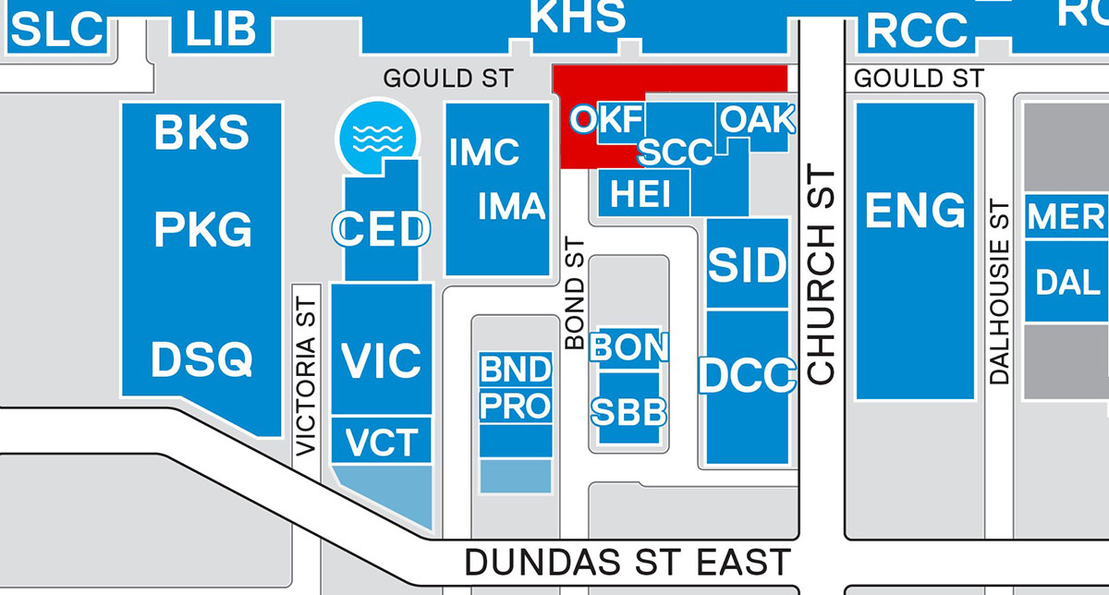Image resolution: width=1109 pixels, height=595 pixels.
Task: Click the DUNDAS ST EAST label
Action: tap(628, 562)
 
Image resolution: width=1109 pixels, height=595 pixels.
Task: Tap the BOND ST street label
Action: tap(575, 291)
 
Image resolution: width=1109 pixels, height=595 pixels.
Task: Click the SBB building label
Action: tap(628, 412)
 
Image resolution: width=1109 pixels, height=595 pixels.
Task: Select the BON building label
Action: tap(628, 347)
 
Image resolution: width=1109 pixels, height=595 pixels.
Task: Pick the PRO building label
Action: tap(515, 407)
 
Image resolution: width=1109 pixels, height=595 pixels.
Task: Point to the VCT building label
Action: tap(382, 443)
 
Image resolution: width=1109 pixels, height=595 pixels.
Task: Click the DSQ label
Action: tap(201, 359)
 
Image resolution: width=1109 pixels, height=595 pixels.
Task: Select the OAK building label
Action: tap(756, 119)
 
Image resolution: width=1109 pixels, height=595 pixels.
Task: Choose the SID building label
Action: tap(748, 266)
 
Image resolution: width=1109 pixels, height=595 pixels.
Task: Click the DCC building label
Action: tap(748, 376)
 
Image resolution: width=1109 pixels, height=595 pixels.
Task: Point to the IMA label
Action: tap(511, 206)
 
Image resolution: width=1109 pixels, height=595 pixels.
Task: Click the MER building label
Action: tap(1066, 217)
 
